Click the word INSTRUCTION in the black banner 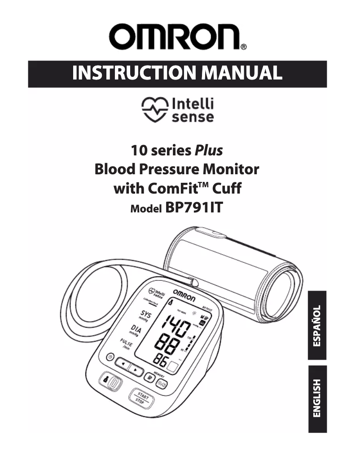(x=128, y=73)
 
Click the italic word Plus (x=208, y=150)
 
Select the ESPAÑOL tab (x=317, y=326)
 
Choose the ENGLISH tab (x=317, y=399)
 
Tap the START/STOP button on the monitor (x=143, y=397)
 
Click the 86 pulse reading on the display (x=162, y=360)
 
